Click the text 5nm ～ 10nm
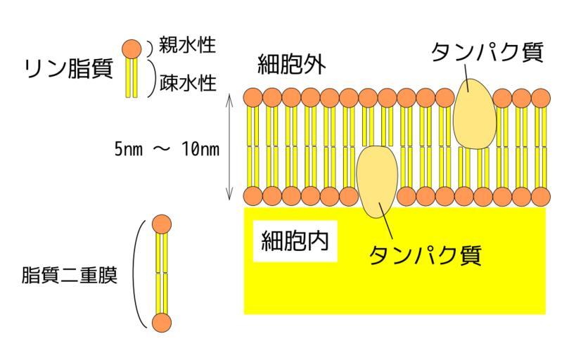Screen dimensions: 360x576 click(167, 150)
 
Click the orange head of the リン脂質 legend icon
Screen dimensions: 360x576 click(132, 48)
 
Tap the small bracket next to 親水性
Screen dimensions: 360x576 click(150, 47)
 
